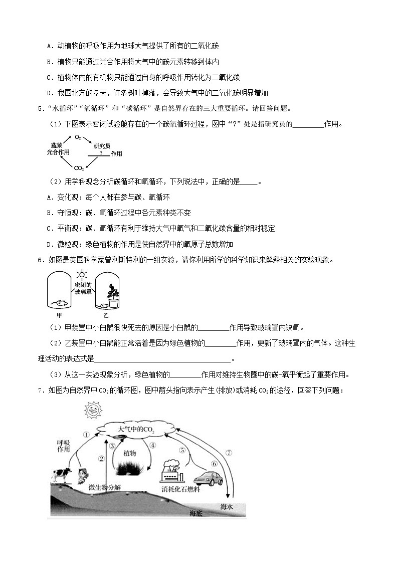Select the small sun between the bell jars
(x=81, y=274)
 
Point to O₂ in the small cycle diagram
(x=78, y=136)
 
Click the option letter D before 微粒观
(x=50, y=244)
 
